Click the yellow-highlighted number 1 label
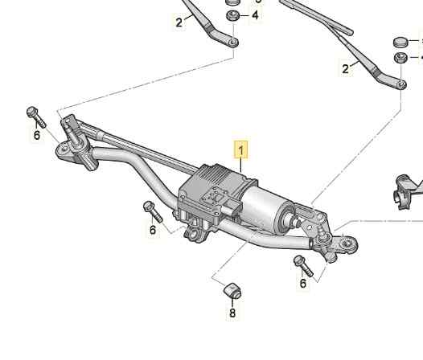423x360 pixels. pos(241,150)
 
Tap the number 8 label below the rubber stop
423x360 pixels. pos(232,313)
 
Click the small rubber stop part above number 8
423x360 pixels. pos(232,291)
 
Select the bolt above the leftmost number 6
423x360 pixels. pos(36,117)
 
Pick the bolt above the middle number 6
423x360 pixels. pos(153,211)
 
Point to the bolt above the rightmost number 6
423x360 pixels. pos(303,266)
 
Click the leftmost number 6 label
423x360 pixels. pos(37,135)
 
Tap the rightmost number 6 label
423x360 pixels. pos(303,284)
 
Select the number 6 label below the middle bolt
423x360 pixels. pos(153,230)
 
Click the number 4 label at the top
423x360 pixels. pos(255,15)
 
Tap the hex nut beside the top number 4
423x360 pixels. pos(232,15)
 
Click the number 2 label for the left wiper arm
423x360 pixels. pos(179,22)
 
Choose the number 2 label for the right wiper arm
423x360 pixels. pos(345,69)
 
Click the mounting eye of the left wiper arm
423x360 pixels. pos(233,42)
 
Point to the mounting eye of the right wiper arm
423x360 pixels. pos(401,84)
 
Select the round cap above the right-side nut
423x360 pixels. pos(400,43)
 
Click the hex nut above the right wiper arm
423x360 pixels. pos(400,58)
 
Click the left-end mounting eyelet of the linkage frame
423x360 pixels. pos(64,150)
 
